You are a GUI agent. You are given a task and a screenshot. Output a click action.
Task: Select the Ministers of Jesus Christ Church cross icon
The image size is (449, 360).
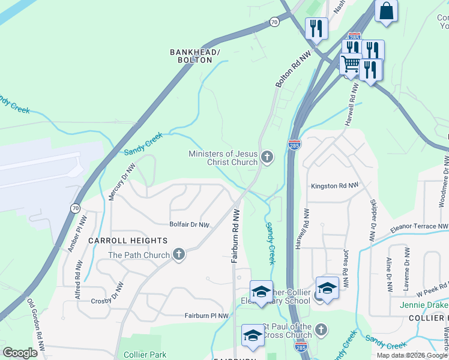click(267, 158)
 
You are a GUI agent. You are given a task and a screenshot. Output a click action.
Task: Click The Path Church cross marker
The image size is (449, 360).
click(178, 255)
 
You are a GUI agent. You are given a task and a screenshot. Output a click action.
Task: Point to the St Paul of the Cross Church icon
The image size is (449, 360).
click(321, 330)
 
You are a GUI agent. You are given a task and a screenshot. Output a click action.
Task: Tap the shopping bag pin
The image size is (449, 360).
click(387, 11)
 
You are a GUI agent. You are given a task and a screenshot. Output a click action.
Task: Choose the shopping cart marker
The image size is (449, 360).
click(351, 64)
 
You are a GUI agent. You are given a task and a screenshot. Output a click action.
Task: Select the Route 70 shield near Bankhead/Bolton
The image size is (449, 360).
click(274, 22)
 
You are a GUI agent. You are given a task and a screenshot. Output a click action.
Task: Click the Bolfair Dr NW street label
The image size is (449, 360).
click(189, 225)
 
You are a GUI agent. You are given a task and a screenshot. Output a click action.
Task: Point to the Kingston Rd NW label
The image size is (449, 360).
click(334, 186)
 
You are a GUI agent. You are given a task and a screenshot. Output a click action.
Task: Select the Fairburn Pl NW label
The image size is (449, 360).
click(206, 315)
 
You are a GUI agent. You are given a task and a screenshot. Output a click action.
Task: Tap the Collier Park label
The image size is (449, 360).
click(145, 355)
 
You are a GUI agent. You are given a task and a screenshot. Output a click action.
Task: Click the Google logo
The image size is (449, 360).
click(20, 353)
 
